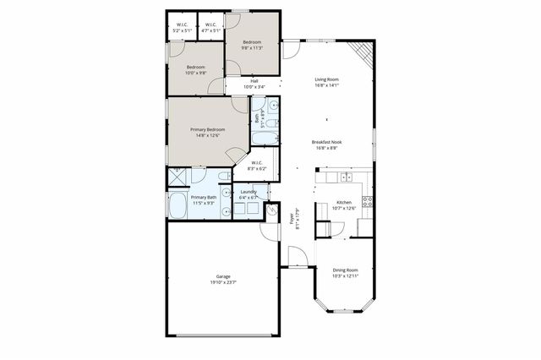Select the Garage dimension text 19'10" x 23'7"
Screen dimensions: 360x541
(x=223, y=282)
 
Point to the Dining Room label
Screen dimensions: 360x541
(x=345, y=270)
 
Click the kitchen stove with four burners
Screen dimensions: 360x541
(x=368, y=202)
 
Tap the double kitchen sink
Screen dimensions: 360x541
(x=346, y=177)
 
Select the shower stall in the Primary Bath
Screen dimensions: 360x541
(x=178, y=178)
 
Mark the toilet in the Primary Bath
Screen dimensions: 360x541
(x=223, y=176)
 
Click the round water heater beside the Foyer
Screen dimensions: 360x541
(x=272, y=212)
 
